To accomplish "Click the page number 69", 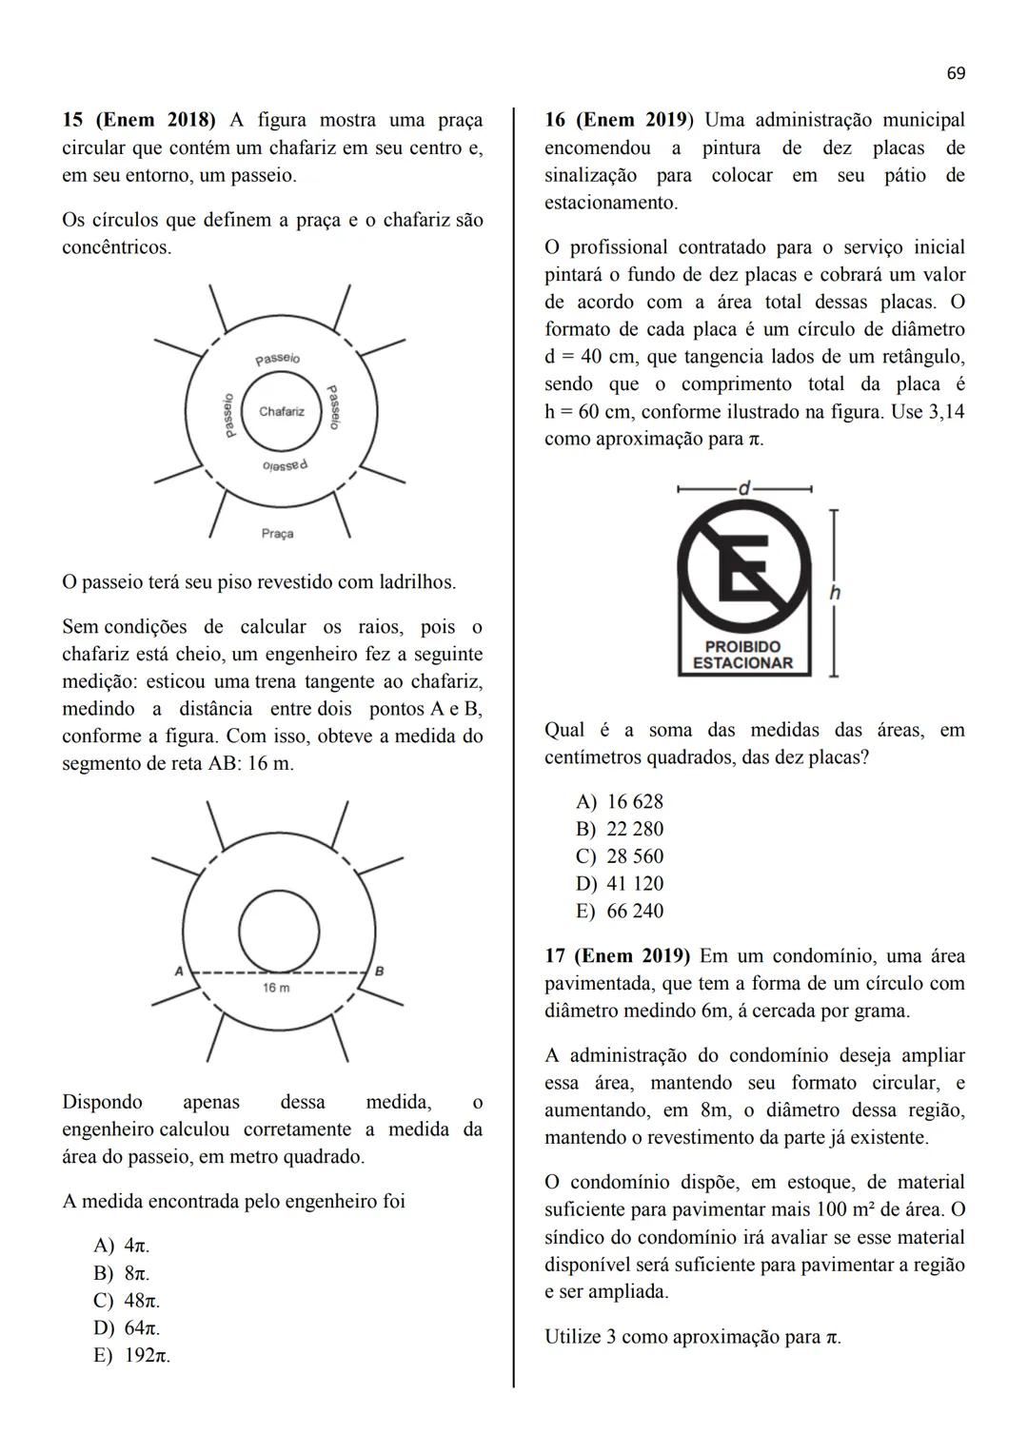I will point(956,73).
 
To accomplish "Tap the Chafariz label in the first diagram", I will point(282,412).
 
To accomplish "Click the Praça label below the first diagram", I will point(277,534).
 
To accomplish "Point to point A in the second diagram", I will point(178,972).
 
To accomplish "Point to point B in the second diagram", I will point(380,972).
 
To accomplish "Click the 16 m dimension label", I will point(276,989).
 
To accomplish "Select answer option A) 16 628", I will point(620,802).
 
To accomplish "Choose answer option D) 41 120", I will point(620,884).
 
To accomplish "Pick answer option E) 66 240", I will point(620,912).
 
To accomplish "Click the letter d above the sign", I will point(744,488).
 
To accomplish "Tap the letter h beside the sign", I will point(835,593).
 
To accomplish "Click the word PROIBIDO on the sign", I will point(743,647).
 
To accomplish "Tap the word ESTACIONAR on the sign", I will point(743,663).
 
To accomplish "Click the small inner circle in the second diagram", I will point(279,932).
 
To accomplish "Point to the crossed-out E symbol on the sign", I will point(743,569).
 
